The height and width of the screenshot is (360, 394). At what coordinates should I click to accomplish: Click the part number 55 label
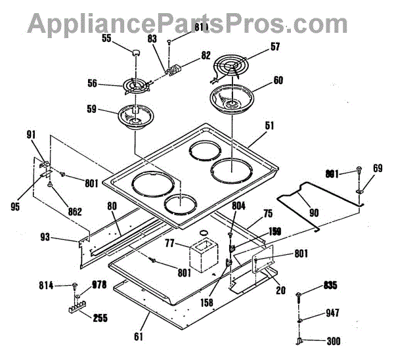(106, 39)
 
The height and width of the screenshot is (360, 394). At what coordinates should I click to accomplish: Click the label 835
(330, 286)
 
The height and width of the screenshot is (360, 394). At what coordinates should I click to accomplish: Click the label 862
(74, 212)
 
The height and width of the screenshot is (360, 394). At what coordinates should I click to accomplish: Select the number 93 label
(64, 236)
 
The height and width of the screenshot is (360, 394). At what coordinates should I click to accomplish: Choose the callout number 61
(139, 337)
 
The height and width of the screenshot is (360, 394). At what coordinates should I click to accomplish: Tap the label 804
(238, 206)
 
